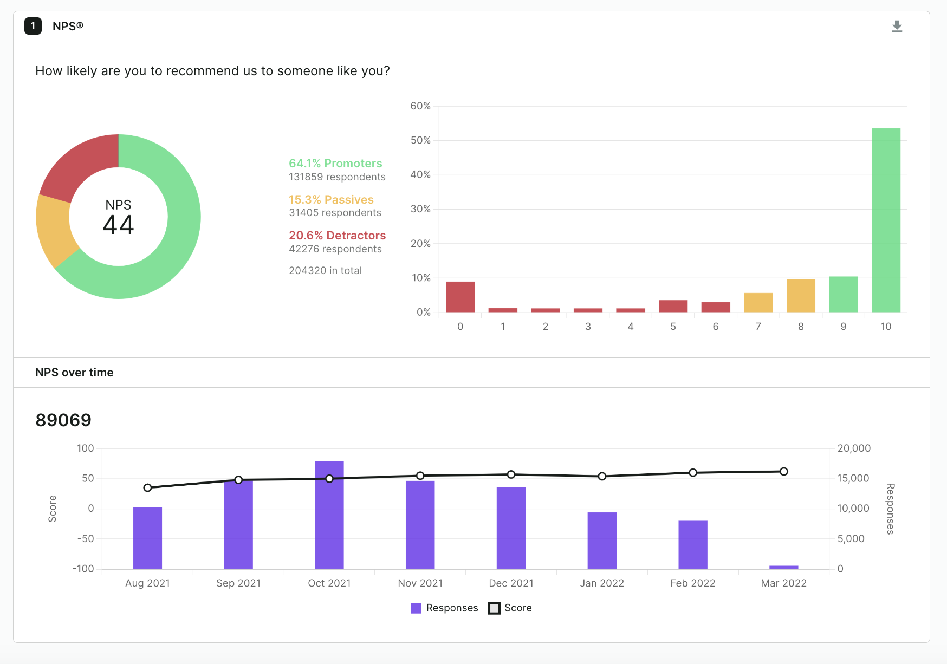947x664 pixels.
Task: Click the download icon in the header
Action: pos(897,26)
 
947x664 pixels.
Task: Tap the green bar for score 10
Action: pos(886,220)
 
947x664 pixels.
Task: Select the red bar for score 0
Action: pos(460,297)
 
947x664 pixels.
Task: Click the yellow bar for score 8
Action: pos(801,296)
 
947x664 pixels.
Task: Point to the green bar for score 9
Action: pos(843,294)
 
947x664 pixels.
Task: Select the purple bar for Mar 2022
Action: pos(783,567)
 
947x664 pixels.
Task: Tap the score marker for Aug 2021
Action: pos(147,487)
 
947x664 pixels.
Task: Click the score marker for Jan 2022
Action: pos(602,476)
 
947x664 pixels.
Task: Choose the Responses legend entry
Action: pos(445,608)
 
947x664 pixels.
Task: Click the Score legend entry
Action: pos(510,608)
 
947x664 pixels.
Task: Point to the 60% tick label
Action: pos(420,106)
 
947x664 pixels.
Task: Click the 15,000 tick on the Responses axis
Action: pos(853,478)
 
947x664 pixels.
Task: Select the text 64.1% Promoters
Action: pos(335,163)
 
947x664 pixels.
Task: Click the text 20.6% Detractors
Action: pos(337,235)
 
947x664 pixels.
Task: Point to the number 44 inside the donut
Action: pos(118,225)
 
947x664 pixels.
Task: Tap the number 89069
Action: pos(63,420)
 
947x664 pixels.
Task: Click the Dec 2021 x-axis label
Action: pos(511,583)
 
